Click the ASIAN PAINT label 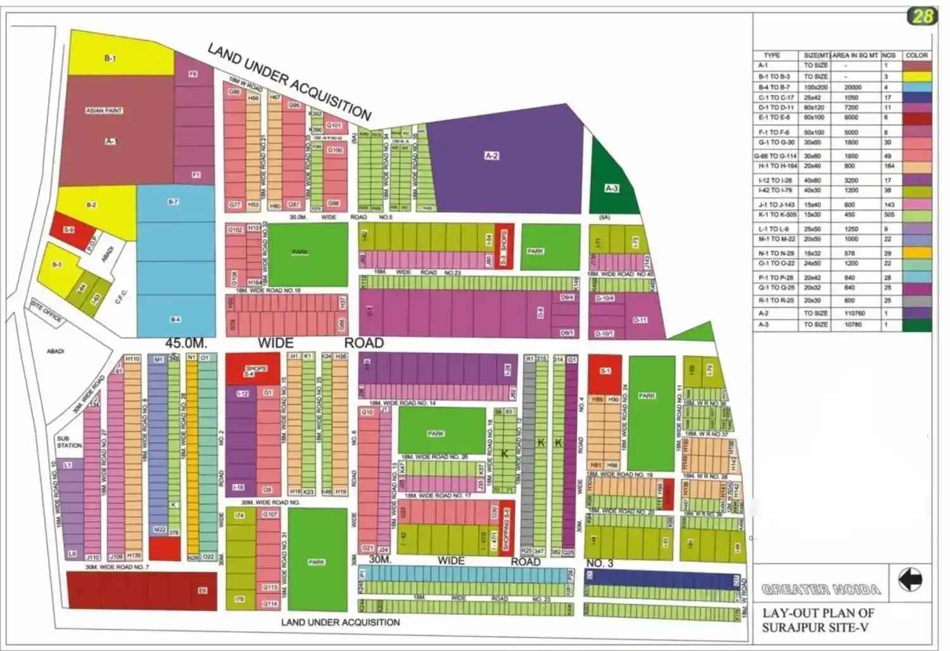pos(104,111)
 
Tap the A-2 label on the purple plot pos(492,155)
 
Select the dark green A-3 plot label pos(611,188)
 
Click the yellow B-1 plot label pos(110,58)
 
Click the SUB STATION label pos(69,441)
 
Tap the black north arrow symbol pos(910,579)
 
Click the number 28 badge pos(921,16)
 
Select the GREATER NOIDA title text pos(821,590)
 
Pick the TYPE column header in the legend pos(771,55)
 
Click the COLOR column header pos(916,55)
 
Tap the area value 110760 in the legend pos(854,313)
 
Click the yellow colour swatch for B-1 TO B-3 pos(916,76)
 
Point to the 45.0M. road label pos(186,343)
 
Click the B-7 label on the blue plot pos(173,202)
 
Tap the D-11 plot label pos(640,320)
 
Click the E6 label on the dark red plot pos(202,590)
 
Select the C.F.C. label pos(121,296)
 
